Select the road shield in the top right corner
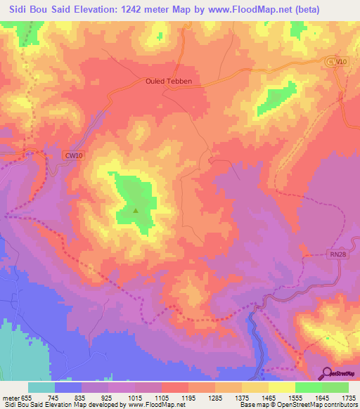(337, 63)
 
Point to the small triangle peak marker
(136, 209)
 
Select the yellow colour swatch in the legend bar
(281, 387)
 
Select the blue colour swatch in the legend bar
(68, 387)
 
